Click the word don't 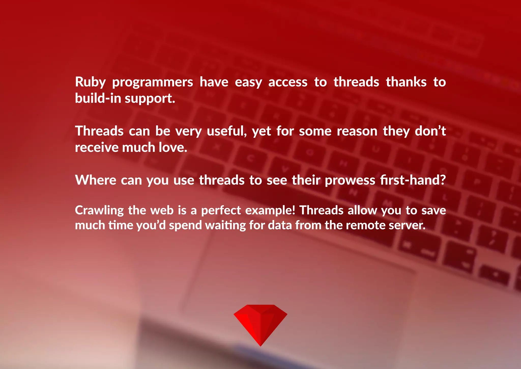point(430,131)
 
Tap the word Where point(95,180)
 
